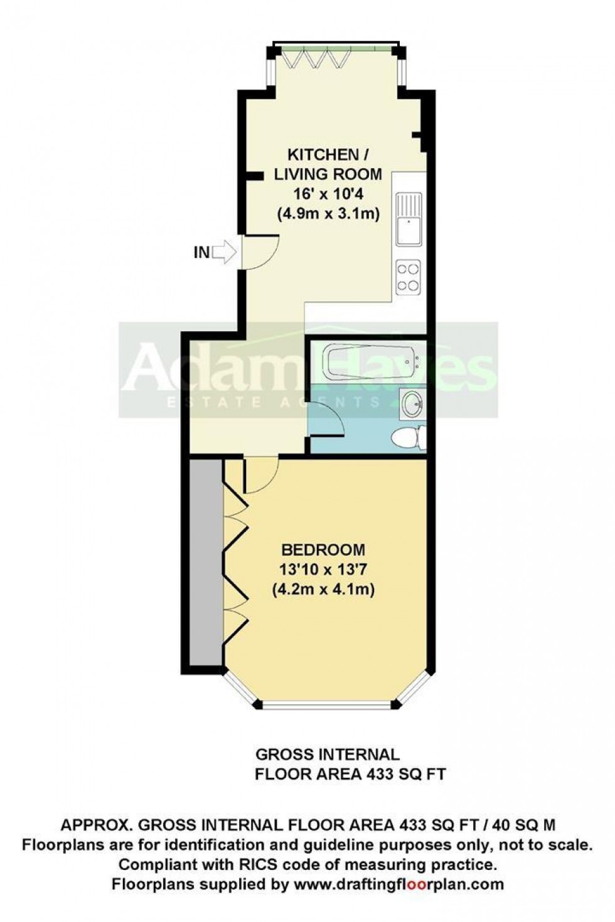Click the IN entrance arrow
click(223, 253)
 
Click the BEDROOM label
click(323, 550)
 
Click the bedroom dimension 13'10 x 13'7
click(323, 570)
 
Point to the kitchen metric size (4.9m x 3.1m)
click(328, 213)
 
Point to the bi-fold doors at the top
click(314, 58)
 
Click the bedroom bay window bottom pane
click(326, 705)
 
